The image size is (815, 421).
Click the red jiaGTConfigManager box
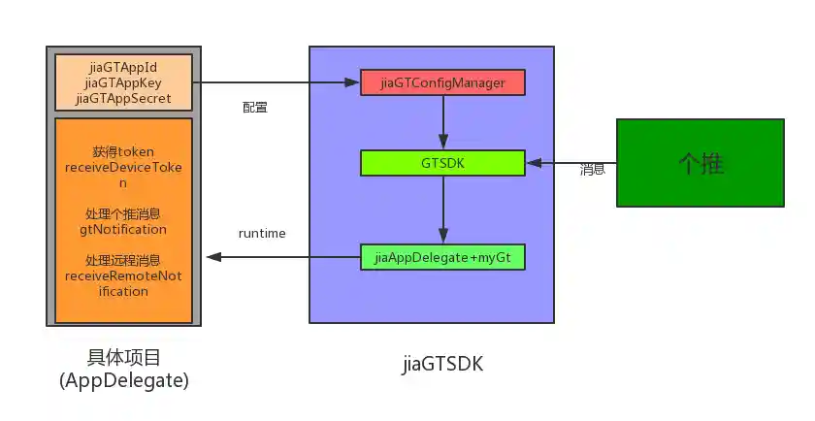pyautogui.click(x=442, y=82)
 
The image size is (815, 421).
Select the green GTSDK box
pyautogui.click(x=442, y=163)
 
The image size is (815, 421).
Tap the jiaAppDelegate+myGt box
pyautogui.click(x=442, y=257)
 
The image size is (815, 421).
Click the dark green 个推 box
pyautogui.click(x=701, y=163)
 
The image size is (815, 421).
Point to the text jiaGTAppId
pyautogui.click(x=122, y=68)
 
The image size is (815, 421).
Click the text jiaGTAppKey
pyautogui.click(x=122, y=83)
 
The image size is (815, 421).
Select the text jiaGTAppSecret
pyautogui.click(x=122, y=99)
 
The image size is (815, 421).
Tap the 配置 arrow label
pyautogui.click(x=255, y=107)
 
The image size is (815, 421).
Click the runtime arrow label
pyautogui.click(x=262, y=234)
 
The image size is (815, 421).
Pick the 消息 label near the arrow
pyautogui.click(x=593, y=170)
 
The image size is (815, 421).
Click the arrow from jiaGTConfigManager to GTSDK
pyautogui.click(x=442, y=122)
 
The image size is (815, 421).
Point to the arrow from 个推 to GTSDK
pyautogui.click(x=572, y=163)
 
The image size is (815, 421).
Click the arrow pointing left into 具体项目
pyautogui.click(x=281, y=257)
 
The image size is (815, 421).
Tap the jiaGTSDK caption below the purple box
pyautogui.click(x=442, y=366)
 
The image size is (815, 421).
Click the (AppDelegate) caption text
pyautogui.click(x=123, y=381)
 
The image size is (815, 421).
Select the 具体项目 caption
pyautogui.click(x=123, y=359)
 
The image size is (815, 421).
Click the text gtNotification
pyautogui.click(x=123, y=230)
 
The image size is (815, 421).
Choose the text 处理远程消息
pyautogui.click(x=123, y=261)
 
